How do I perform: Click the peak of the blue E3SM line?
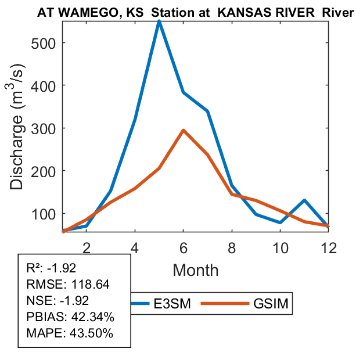click(x=159, y=21)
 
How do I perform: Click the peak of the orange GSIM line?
click(x=184, y=130)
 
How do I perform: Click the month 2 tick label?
click(x=86, y=246)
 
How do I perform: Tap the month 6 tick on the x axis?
click(x=184, y=246)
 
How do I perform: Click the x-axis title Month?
click(x=195, y=269)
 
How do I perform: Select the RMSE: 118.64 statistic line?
click(x=68, y=285)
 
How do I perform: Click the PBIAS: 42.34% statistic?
click(x=70, y=317)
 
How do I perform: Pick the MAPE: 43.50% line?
click(x=70, y=333)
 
